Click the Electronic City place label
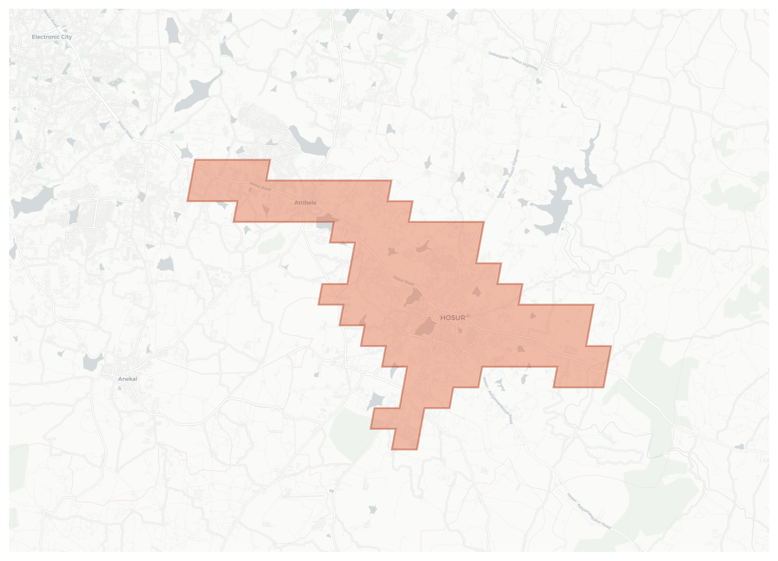coord(52,37)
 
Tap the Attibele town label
coord(305,202)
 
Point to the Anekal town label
coord(128,379)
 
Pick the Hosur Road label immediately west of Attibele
coord(260,186)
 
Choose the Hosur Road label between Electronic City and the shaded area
coord(125,130)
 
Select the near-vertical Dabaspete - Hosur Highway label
coord(508,174)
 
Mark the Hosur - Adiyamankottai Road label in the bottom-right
coord(589,511)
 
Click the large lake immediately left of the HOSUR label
coord(426,327)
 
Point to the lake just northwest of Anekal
coord(92,362)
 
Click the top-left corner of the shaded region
coord(194,160)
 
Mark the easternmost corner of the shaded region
coord(611,346)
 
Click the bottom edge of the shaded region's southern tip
coord(404,449)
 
